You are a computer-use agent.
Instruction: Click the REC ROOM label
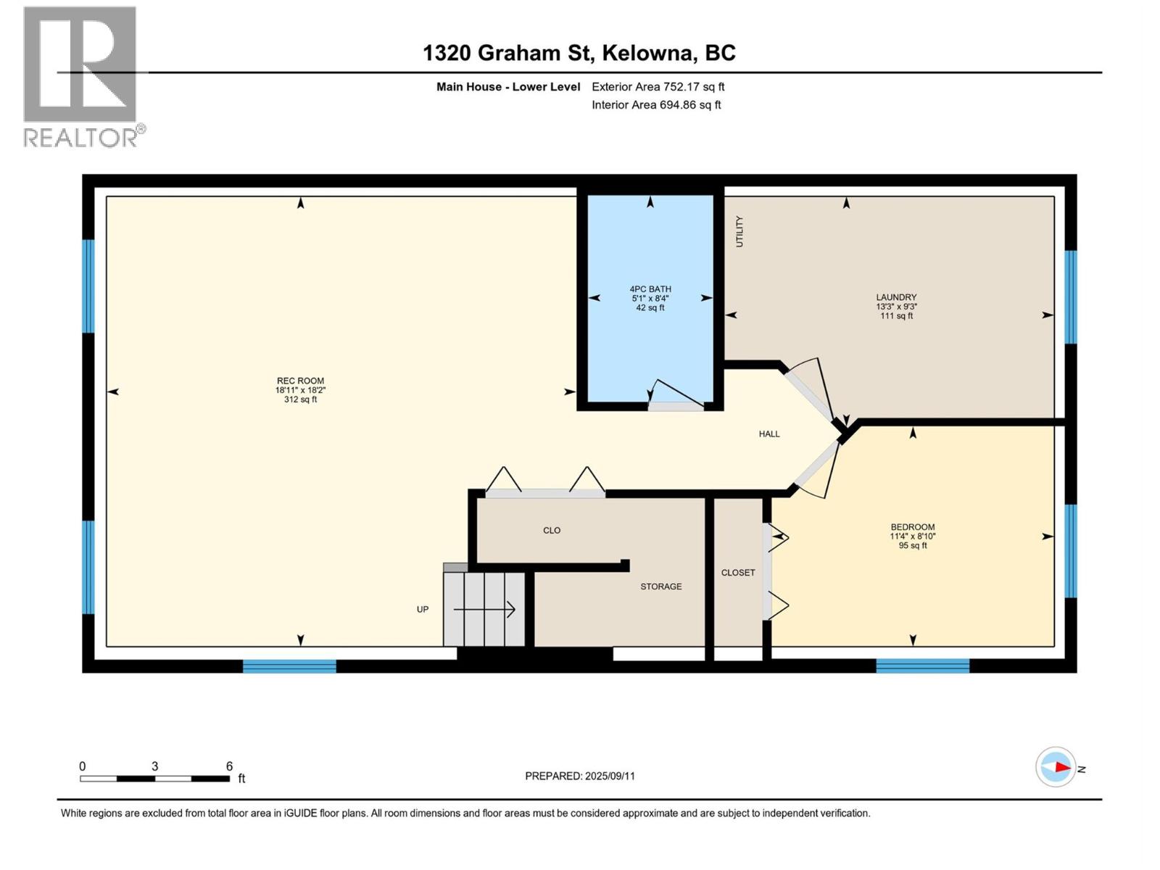(300, 381)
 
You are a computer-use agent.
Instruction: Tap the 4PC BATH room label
(650, 289)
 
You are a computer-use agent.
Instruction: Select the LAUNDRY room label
(896, 297)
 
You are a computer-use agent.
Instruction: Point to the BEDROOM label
(912, 527)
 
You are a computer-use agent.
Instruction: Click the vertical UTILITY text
(739, 231)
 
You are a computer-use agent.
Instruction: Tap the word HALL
(769, 434)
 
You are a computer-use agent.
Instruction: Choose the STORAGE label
(660, 587)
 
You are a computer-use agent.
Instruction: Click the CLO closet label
(552, 531)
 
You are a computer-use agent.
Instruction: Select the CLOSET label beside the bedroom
(738, 573)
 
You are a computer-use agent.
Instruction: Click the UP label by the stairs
(423, 610)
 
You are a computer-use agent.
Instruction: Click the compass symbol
(1056, 767)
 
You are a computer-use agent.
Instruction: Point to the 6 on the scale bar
(229, 766)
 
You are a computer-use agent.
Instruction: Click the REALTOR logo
(81, 76)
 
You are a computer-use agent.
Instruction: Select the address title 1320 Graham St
(579, 53)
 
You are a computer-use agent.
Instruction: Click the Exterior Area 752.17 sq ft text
(658, 87)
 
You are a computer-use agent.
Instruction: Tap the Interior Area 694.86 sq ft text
(656, 105)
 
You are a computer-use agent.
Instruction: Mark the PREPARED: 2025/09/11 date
(579, 776)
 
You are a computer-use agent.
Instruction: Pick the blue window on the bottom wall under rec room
(289, 666)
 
